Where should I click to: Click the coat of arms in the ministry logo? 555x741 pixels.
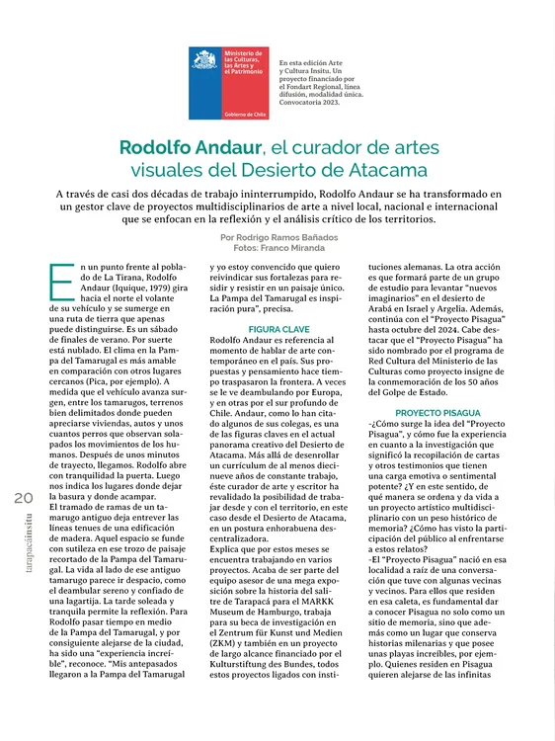tap(206, 61)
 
